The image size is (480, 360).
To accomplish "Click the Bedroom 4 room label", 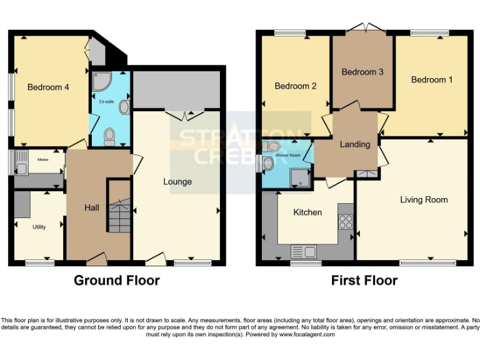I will click(48, 87).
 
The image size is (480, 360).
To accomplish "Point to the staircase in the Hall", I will click(118, 219).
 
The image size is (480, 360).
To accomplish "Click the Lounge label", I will click(177, 182).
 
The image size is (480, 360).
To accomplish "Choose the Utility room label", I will click(39, 227).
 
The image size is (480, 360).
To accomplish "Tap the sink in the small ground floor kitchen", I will click(21, 167).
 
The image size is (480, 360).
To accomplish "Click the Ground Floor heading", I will click(116, 281).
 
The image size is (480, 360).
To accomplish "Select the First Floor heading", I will click(364, 281).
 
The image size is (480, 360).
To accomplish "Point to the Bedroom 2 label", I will click(296, 86).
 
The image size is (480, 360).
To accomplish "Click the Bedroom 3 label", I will click(362, 72).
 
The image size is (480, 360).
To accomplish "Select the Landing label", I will click(354, 144).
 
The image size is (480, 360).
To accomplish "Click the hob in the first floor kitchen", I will click(345, 221).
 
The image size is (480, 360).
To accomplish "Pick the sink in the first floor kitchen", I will click(304, 252).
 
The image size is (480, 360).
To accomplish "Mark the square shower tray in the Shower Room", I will click(301, 177).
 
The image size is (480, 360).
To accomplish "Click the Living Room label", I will click(424, 200).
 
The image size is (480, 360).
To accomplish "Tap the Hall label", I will click(92, 207).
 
